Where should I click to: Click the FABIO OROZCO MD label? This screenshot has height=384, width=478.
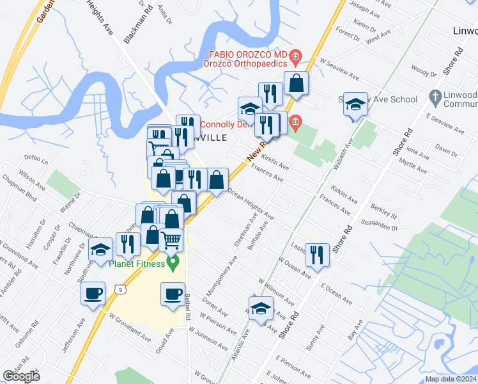248,54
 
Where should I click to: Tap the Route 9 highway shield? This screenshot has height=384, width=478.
120,290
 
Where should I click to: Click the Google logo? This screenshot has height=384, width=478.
21,376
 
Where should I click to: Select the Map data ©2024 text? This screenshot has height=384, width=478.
451,379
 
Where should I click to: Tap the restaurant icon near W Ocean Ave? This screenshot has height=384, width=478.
317,254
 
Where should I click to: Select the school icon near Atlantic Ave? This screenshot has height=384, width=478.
260,308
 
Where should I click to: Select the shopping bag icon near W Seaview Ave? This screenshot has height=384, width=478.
297,83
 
